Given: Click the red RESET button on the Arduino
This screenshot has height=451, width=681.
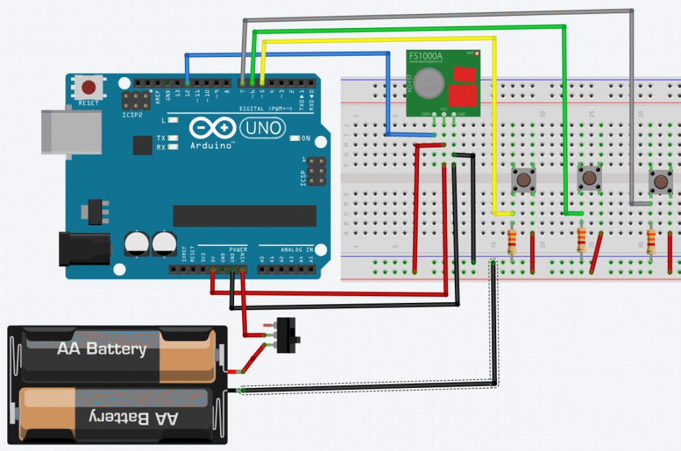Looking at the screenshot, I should pos(88,87).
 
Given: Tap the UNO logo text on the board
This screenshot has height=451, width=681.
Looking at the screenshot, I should pos(263,126).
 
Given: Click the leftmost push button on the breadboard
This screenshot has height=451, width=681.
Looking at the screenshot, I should pos(523,179).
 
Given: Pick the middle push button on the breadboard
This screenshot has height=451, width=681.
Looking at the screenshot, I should pos(588,177).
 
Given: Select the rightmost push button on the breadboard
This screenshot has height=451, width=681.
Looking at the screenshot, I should pos(660,181).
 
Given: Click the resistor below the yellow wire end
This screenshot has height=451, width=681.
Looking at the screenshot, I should pos(512,242).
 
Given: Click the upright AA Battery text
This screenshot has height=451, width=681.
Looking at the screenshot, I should pos(101,349).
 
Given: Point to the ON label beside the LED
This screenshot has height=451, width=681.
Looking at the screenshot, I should pos(306,138).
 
